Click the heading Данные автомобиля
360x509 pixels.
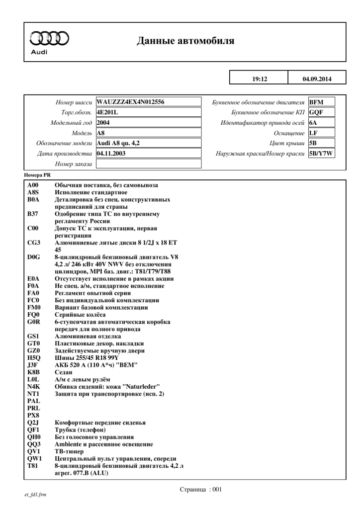coord(185,41)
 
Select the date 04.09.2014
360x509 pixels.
coord(316,79)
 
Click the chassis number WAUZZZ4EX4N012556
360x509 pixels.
coord(130,102)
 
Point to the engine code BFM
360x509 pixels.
coord(316,102)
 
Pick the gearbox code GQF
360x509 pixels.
coord(316,112)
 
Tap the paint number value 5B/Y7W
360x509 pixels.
coord(321,153)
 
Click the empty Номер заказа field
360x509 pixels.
coord(148,164)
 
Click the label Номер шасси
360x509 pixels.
coord(75,102)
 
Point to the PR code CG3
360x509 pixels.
coord(33,242)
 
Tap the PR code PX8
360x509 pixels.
coord(33,415)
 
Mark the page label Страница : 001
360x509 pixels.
coord(200,489)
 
